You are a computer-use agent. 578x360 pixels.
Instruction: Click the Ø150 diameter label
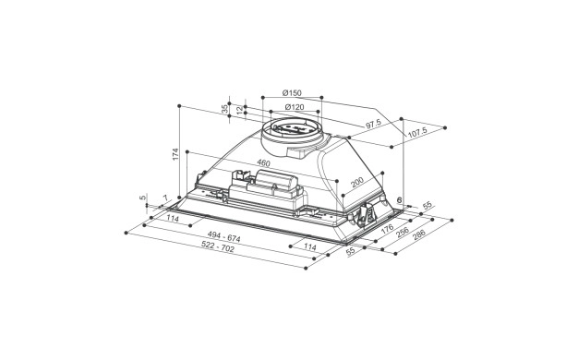point(292,93)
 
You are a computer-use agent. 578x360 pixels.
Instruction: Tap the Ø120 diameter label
point(295,107)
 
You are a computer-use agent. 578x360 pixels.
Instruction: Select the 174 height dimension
point(175,153)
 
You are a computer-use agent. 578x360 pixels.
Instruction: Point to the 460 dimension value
point(263,163)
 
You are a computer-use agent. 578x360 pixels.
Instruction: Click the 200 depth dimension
point(357,182)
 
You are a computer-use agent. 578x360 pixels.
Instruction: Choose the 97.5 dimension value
point(373,125)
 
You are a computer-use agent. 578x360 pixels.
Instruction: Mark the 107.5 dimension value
point(417,132)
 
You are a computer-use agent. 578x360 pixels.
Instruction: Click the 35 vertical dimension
point(224,109)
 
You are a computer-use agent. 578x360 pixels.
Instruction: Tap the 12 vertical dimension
point(240,110)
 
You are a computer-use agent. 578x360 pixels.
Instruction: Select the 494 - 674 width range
point(223,236)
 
